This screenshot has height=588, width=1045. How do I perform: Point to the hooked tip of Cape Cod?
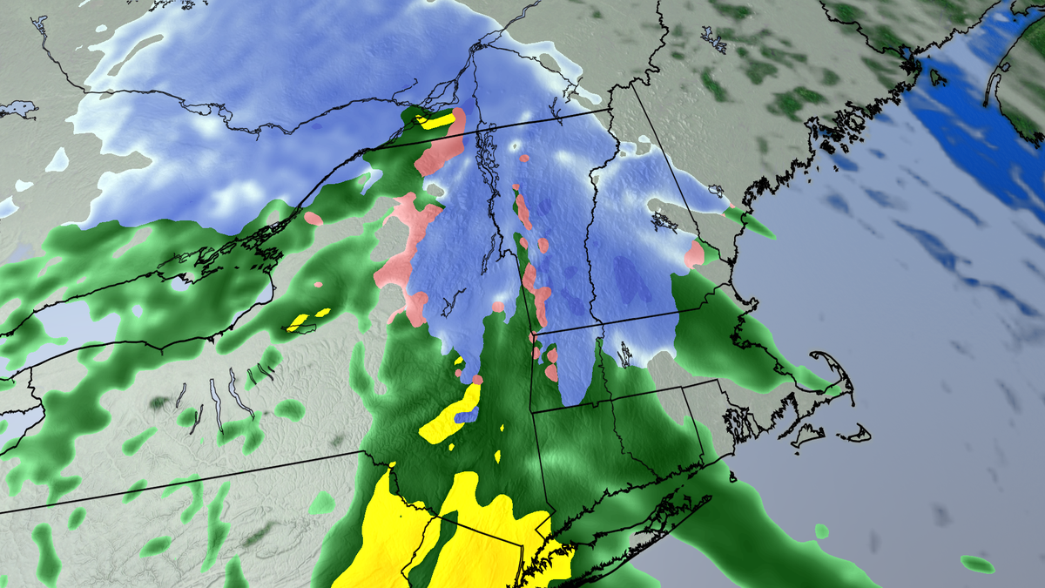(819, 356)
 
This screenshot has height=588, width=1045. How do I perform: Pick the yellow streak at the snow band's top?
(435, 120)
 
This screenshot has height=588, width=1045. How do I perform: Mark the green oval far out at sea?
(977, 564)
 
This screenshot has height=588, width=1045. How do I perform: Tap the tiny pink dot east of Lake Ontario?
(318, 284)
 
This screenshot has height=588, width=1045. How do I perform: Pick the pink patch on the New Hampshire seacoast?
(694, 254)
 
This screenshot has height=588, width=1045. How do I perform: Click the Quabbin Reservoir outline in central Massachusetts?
(625, 354)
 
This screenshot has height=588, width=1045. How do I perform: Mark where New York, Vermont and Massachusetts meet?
(532, 335)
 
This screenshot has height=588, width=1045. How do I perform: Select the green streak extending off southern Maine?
(754, 224)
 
